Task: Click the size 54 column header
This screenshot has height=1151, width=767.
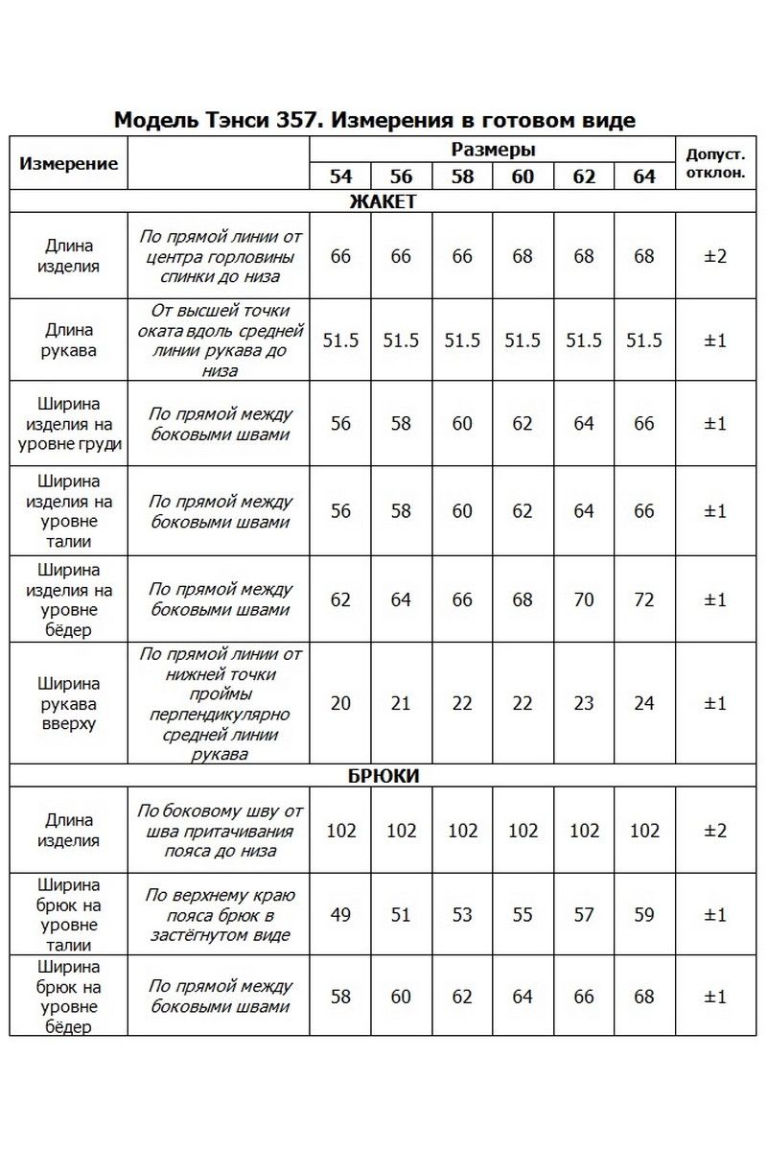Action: [x=340, y=177]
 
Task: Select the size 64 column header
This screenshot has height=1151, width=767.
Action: [x=644, y=177]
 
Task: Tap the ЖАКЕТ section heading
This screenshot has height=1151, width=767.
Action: [x=383, y=201]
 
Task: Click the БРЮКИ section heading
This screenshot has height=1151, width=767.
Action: [x=383, y=775]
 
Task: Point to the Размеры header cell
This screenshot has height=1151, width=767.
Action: [x=493, y=150]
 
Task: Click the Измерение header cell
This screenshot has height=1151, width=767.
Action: [x=69, y=163]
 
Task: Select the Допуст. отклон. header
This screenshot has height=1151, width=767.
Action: [x=714, y=163]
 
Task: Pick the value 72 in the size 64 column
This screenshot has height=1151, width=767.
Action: [x=644, y=599]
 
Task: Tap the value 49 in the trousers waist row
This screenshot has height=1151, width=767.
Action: [x=340, y=914]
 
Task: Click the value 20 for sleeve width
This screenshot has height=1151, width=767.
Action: [x=340, y=703]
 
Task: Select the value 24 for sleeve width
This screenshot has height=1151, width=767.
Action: [x=644, y=703]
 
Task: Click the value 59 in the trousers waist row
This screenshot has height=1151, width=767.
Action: [x=644, y=914]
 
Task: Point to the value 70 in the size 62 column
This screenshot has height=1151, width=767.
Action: [x=584, y=599]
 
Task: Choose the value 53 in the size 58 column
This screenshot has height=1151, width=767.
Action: [x=462, y=914]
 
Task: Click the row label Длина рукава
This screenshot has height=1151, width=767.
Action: [x=69, y=341]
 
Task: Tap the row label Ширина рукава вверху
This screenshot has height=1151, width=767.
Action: [x=69, y=703]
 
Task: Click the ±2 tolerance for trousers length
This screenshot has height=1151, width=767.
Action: [x=714, y=830]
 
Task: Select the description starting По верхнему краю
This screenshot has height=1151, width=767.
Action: [x=220, y=914]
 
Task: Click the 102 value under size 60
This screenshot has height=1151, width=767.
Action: [x=523, y=830]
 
